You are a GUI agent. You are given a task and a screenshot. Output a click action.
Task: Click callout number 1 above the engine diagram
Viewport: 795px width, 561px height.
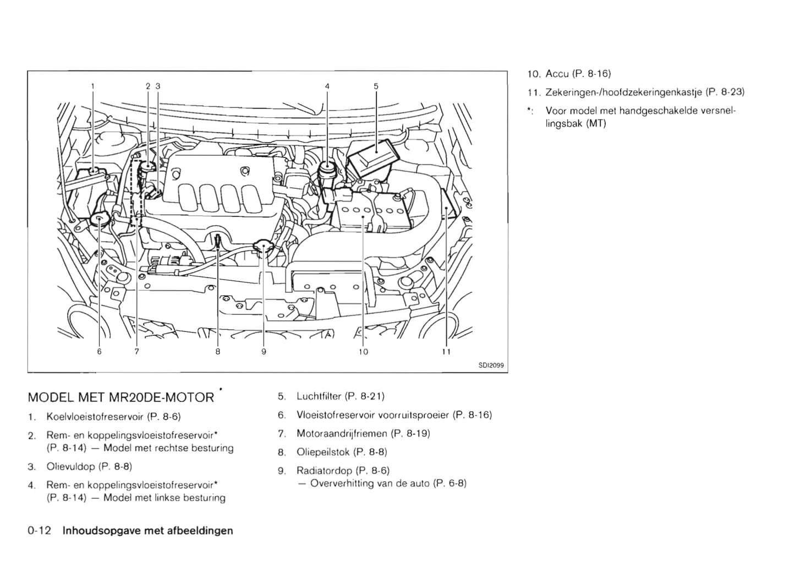[x=93, y=86]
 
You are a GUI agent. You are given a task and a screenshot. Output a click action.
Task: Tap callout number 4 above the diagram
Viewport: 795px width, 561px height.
[x=327, y=86]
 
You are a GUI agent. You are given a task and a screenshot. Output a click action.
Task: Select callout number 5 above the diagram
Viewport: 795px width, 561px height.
[x=376, y=86]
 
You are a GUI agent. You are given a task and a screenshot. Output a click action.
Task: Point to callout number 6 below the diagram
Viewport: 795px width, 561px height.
[x=99, y=352]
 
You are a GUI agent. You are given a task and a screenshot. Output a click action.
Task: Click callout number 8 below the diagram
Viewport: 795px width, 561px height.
[x=218, y=352]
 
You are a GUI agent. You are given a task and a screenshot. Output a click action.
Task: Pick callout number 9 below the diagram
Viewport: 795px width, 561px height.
[x=264, y=352]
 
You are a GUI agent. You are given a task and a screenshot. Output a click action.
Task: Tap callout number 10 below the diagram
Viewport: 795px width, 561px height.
[x=363, y=352]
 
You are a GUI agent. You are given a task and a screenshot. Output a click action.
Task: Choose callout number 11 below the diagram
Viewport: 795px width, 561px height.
[x=446, y=352]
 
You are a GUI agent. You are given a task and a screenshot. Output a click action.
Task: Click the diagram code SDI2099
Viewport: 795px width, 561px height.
[x=491, y=366]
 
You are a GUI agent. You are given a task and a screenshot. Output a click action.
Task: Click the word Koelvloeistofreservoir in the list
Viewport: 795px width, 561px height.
[x=95, y=416]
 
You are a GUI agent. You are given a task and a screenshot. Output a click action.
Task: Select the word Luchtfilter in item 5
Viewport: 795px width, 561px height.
[x=319, y=396]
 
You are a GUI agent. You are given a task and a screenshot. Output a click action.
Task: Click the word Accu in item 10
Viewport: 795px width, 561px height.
[x=557, y=74]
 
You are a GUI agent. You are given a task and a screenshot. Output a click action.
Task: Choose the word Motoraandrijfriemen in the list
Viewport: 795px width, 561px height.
[x=341, y=433]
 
